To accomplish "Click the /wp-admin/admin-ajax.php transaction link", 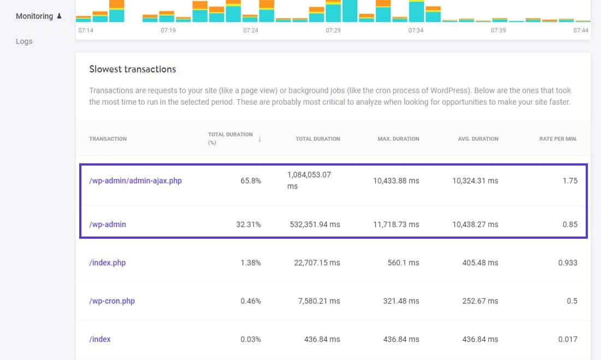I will [x=135, y=181].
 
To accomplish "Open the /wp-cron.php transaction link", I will [x=111, y=301].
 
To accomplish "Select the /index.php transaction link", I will [x=107, y=263].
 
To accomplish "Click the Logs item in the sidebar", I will [x=24, y=42].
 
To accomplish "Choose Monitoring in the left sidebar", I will [x=34, y=16].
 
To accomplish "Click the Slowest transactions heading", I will [x=132, y=69].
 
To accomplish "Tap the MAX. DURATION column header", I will [x=398, y=139].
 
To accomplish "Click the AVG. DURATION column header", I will [x=478, y=139].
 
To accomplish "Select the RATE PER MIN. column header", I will [x=558, y=139].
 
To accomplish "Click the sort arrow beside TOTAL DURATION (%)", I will [x=260, y=139].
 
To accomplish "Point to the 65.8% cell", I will [x=250, y=181].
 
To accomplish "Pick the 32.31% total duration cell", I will [x=248, y=225].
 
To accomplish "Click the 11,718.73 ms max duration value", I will [x=396, y=225].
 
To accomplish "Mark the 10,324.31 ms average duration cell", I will [x=475, y=181].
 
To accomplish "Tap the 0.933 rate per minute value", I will [x=568, y=263].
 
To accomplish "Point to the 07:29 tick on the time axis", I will [x=333, y=31].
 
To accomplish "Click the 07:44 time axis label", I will [x=581, y=31].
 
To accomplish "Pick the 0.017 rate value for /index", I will [x=568, y=339].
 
